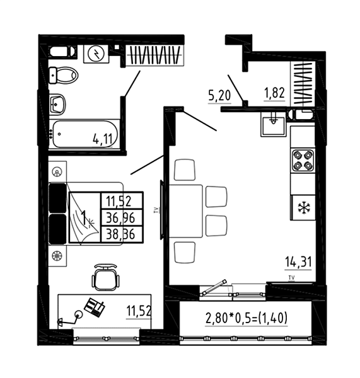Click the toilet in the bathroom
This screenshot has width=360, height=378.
click(x=64, y=75)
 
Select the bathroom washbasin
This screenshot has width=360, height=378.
click(x=57, y=105)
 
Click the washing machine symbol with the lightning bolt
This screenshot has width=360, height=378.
click(x=96, y=54)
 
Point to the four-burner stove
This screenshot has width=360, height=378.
click(x=303, y=161)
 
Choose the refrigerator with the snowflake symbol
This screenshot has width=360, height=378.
click(x=303, y=207)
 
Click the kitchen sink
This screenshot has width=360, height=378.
click(x=273, y=124)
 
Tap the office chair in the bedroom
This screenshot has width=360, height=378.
click(x=106, y=277)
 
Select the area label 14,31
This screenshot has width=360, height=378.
click(x=298, y=262)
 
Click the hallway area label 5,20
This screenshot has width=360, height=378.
click(x=219, y=96)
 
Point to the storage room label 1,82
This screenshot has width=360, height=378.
click(x=274, y=93)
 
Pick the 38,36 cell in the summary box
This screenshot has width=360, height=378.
click(x=120, y=234)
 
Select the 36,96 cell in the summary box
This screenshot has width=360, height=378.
click(x=120, y=218)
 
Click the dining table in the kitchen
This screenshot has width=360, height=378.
click(x=185, y=211)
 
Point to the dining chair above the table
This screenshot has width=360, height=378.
click(x=184, y=169)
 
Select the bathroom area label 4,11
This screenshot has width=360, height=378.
click(x=103, y=139)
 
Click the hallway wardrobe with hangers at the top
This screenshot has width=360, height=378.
click(x=154, y=55)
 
